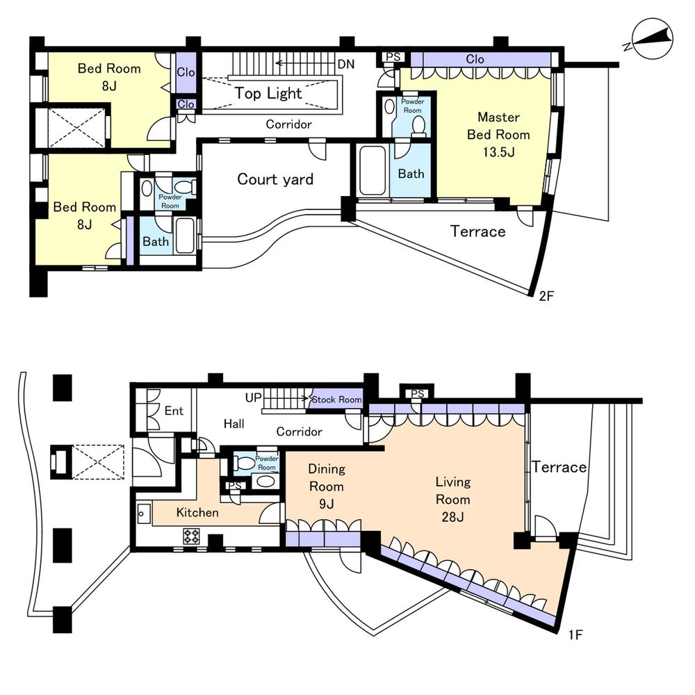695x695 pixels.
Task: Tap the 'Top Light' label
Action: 268,93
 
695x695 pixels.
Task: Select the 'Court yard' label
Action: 275,179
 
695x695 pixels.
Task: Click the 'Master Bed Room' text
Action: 498,135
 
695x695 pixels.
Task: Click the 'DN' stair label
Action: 346,64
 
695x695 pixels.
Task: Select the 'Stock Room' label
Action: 336,400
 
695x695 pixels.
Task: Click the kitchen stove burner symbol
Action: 191,535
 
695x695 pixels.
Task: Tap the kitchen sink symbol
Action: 144,514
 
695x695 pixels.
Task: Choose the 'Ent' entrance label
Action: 174,411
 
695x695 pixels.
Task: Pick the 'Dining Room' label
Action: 326,486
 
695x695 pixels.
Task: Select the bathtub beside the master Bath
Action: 373,170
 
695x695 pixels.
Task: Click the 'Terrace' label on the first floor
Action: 559,467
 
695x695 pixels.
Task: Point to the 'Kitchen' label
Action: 197,513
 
